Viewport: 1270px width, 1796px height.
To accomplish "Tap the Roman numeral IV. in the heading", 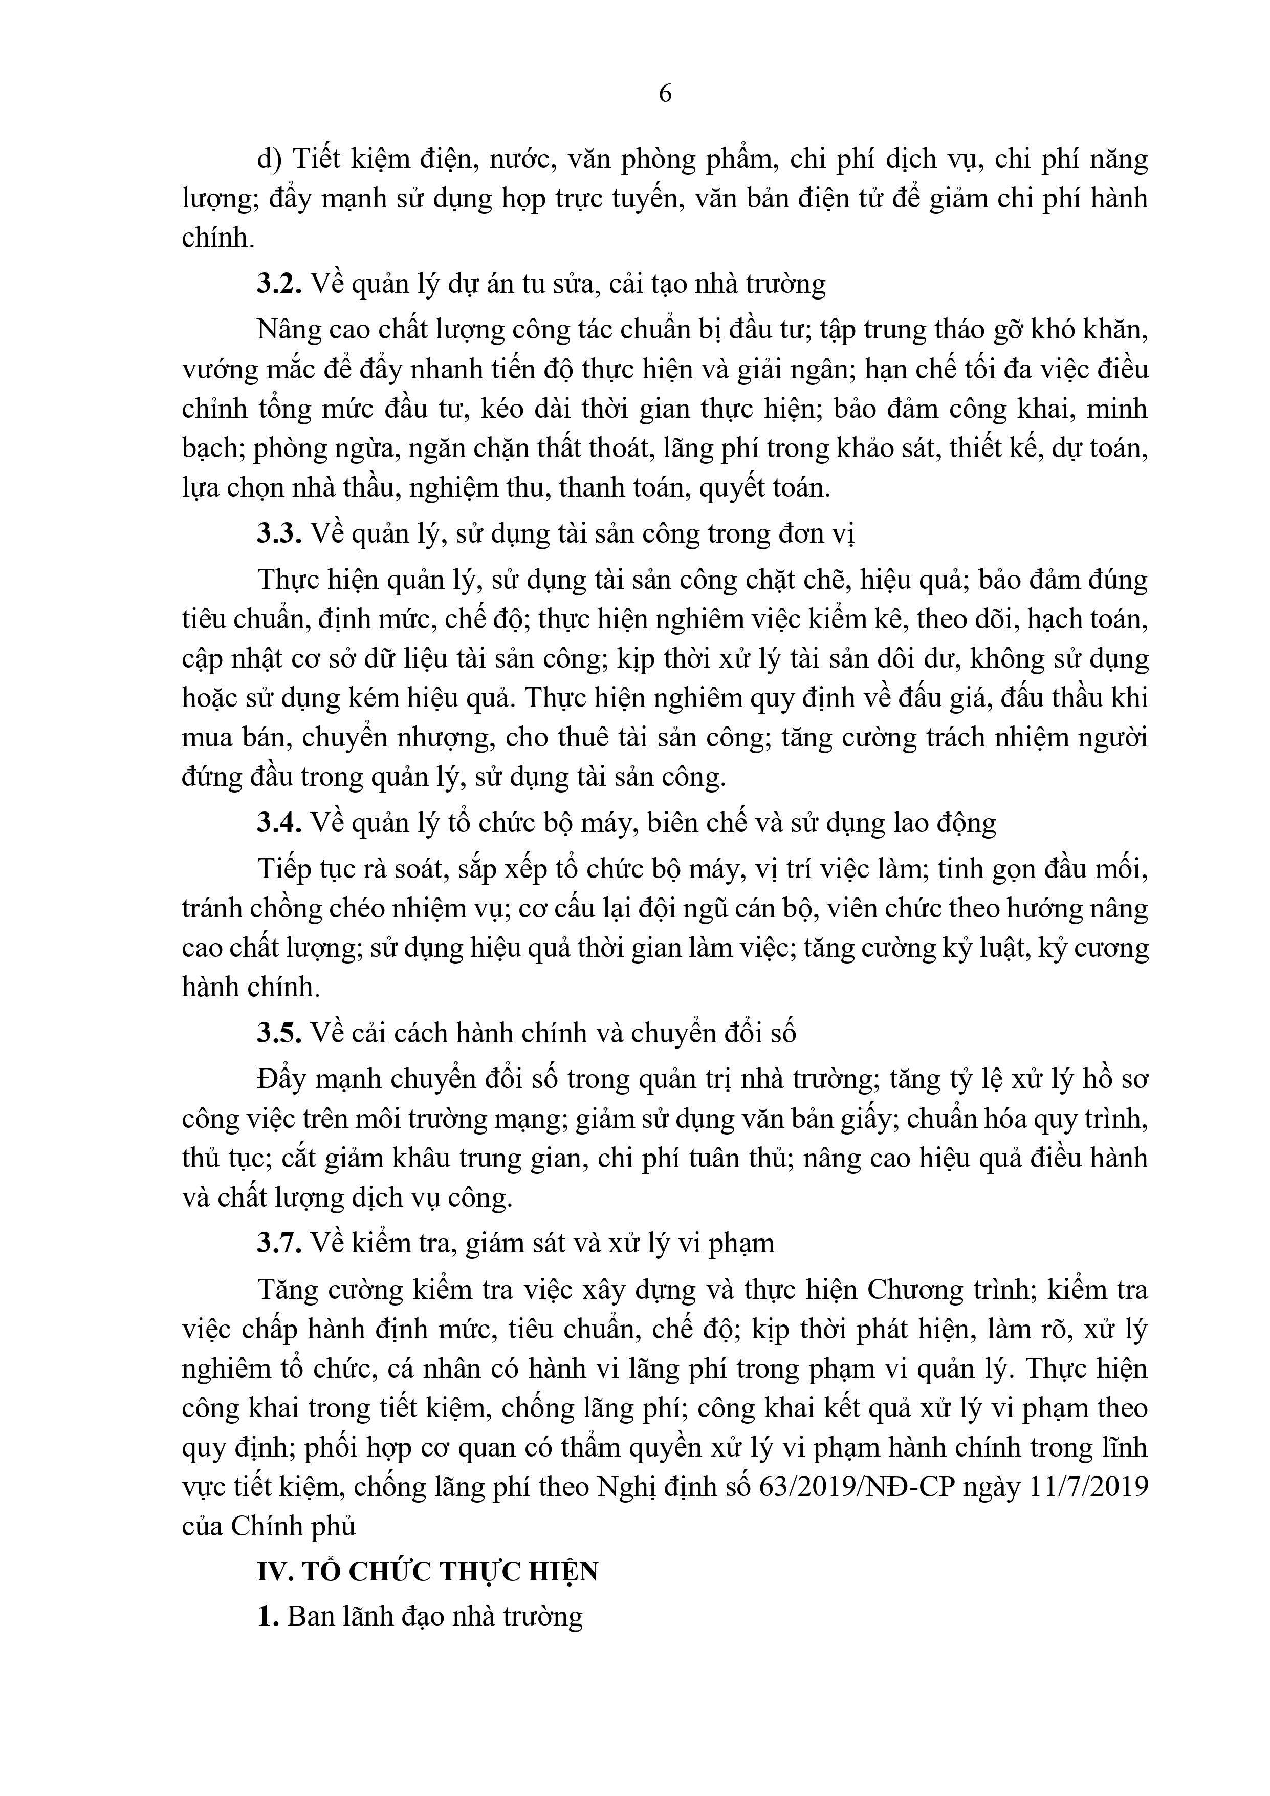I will pyautogui.click(x=274, y=1572).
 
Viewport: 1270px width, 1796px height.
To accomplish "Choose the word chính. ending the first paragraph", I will pyautogui.click(x=218, y=238).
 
